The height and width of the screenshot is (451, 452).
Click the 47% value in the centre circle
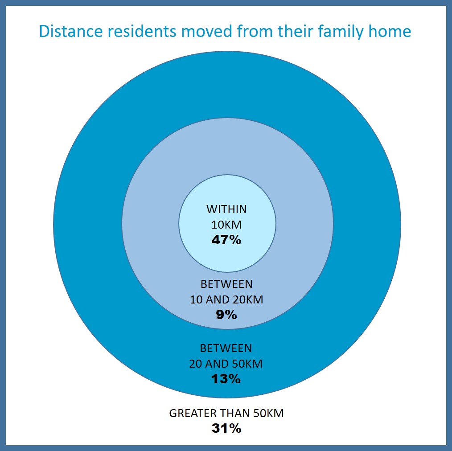(x=226, y=240)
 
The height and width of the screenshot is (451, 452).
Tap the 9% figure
(x=226, y=315)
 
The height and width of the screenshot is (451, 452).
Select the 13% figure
(x=226, y=379)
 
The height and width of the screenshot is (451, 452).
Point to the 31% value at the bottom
(x=226, y=428)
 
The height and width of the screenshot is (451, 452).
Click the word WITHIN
(x=226, y=209)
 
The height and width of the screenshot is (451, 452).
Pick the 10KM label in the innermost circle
(x=226, y=225)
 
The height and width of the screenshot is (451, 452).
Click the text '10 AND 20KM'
(x=226, y=300)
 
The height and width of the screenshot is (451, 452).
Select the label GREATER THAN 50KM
(x=226, y=413)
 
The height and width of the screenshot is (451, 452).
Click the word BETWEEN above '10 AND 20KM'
(x=226, y=284)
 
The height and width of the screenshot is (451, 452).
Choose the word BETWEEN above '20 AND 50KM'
(x=226, y=348)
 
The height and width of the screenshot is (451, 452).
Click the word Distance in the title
(x=71, y=31)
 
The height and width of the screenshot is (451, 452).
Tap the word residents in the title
(x=142, y=31)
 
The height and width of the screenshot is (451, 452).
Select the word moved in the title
(x=207, y=31)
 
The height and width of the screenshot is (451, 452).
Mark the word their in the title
(x=295, y=31)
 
